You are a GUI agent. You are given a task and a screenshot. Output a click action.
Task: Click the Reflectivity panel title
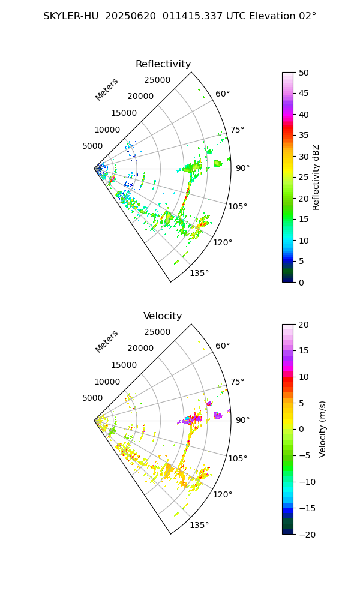click(x=163, y=64)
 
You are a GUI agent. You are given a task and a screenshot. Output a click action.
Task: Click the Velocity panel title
click(x=163, y=316)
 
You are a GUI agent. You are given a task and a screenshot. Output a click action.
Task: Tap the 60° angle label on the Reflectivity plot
click(x=223, y=94)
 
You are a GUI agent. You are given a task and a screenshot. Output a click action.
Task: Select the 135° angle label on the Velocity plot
click(x=199, y=525)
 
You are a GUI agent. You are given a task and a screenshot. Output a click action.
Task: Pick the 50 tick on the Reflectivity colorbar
click(x=304, y=73)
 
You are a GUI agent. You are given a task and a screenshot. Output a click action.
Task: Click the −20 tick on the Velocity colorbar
click(x=306, y=534)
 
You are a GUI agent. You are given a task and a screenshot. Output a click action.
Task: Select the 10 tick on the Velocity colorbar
click(x=304, y=377)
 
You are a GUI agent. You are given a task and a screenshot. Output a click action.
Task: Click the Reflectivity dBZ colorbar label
click(x=316, y=177)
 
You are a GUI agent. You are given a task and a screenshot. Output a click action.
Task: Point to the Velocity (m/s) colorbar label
click(x=323, y=429)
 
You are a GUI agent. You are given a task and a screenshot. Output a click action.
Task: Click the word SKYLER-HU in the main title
click(x=70, y=16)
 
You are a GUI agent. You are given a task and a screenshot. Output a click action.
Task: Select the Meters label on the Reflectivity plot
click(x=107, y=89)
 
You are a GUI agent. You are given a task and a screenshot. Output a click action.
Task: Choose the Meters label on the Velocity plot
click(x=107, y=341)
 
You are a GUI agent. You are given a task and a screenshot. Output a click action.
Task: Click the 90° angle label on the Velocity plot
click(x=242, y=420)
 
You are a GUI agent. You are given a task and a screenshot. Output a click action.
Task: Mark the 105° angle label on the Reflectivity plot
click(x=238, y=206)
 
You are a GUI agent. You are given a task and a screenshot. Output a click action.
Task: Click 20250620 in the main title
click(x=128, y=16)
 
